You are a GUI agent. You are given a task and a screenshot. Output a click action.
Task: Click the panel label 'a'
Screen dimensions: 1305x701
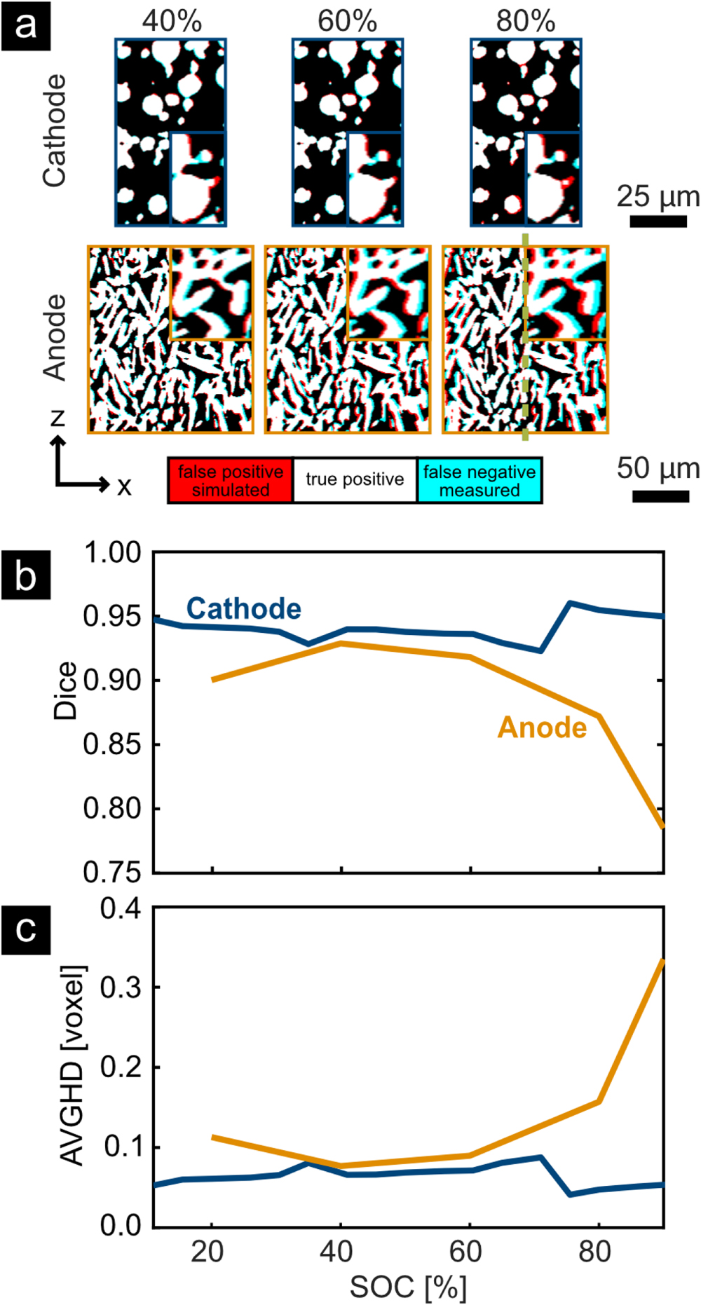coord(26,26)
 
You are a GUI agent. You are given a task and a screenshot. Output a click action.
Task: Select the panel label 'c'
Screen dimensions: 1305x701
coord(26,930)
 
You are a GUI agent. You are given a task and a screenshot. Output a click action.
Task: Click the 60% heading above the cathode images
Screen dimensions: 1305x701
coord(347,21)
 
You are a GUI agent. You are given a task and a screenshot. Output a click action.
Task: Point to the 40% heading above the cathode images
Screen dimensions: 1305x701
coord(172,21)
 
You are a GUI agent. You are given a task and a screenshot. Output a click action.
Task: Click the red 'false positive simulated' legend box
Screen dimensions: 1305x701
coord(230,481)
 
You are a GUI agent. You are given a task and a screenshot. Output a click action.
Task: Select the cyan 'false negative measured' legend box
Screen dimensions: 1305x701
coord(479,481)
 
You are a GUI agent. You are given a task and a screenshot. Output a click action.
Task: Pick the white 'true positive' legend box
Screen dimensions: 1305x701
coord(355,480)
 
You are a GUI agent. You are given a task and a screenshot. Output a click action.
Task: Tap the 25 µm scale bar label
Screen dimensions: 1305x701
coord(658,197)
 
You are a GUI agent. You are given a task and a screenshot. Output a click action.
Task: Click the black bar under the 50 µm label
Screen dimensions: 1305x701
coord(660,496)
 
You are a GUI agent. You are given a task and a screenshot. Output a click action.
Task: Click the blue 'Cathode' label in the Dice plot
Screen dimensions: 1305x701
coord(243,608)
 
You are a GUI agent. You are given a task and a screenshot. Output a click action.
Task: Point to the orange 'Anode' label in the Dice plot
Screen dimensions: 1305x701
coord(542,727)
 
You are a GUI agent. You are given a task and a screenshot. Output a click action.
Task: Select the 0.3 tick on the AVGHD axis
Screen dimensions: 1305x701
coord(121,988)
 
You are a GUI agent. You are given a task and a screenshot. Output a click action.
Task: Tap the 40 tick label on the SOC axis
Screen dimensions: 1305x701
coord(336,1251)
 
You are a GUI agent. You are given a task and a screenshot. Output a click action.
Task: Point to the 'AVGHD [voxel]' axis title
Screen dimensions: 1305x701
coord(73,1065)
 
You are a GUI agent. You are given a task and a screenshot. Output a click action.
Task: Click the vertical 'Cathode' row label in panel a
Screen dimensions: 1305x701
coord(55,131)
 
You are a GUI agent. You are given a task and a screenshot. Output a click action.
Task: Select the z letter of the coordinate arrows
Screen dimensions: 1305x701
coord(58,418)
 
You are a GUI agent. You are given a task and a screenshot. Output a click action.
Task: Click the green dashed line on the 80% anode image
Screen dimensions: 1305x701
coord(525,336)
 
